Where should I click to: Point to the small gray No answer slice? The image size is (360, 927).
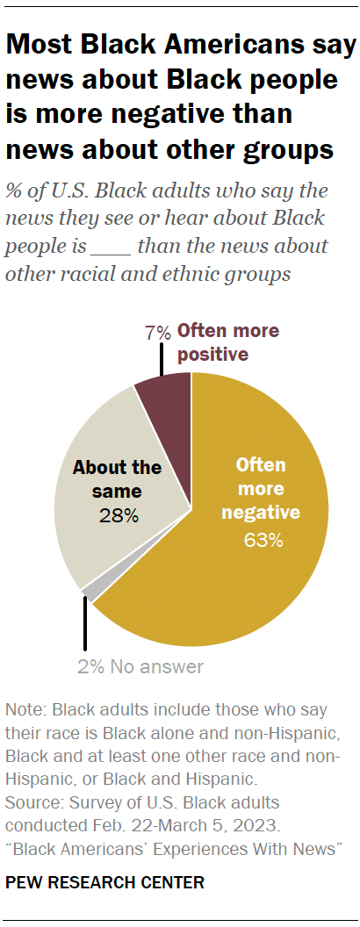coord(87,593)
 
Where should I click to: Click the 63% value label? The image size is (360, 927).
coord(263,540)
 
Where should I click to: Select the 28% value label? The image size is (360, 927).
coord(118,515)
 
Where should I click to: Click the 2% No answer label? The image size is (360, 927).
coord(140,666)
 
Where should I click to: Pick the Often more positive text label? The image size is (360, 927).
coord(227,342)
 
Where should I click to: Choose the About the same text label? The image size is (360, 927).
coord(118,478)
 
